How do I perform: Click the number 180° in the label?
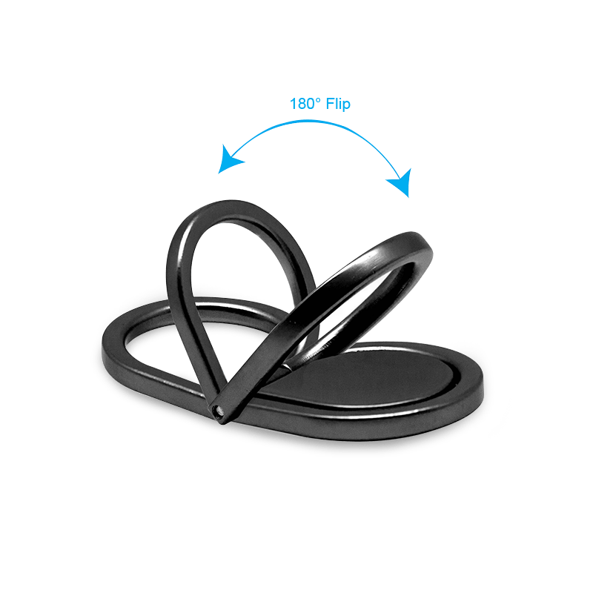(x=305, y=104)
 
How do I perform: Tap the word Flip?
(x=338, y=105)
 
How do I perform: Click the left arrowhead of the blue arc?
(x=229, y=159)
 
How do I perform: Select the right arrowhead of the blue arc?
(x=401, y=182)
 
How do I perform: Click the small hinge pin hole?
(x=217, y=409)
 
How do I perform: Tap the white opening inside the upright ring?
(x=242, y=261)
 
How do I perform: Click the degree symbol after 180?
(x=319, y=100)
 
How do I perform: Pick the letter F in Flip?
(x=331, y=104)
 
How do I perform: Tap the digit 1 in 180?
(x=293, y=104)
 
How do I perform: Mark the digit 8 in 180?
(x=302, y=104)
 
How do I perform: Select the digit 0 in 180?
(x=311, y=104)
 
